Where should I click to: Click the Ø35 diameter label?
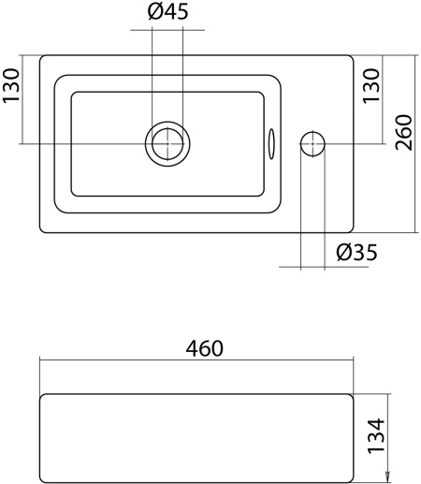point(356,252)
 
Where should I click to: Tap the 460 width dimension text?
point(203,348)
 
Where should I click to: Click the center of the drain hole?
point(167,143)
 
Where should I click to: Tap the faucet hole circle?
point(312,143)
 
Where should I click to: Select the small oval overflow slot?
point(272,143)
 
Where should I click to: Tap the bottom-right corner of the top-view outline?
point(351,227)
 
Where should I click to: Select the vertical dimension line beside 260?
point(416,142)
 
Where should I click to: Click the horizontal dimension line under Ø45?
point(167,30)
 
